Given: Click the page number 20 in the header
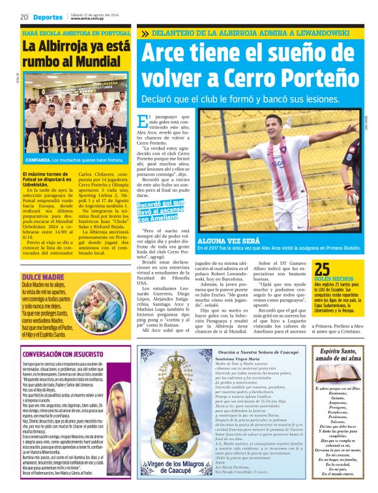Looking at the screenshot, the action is (x=23, y=17).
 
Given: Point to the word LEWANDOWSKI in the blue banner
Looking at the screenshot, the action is (x=328, y=33).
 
